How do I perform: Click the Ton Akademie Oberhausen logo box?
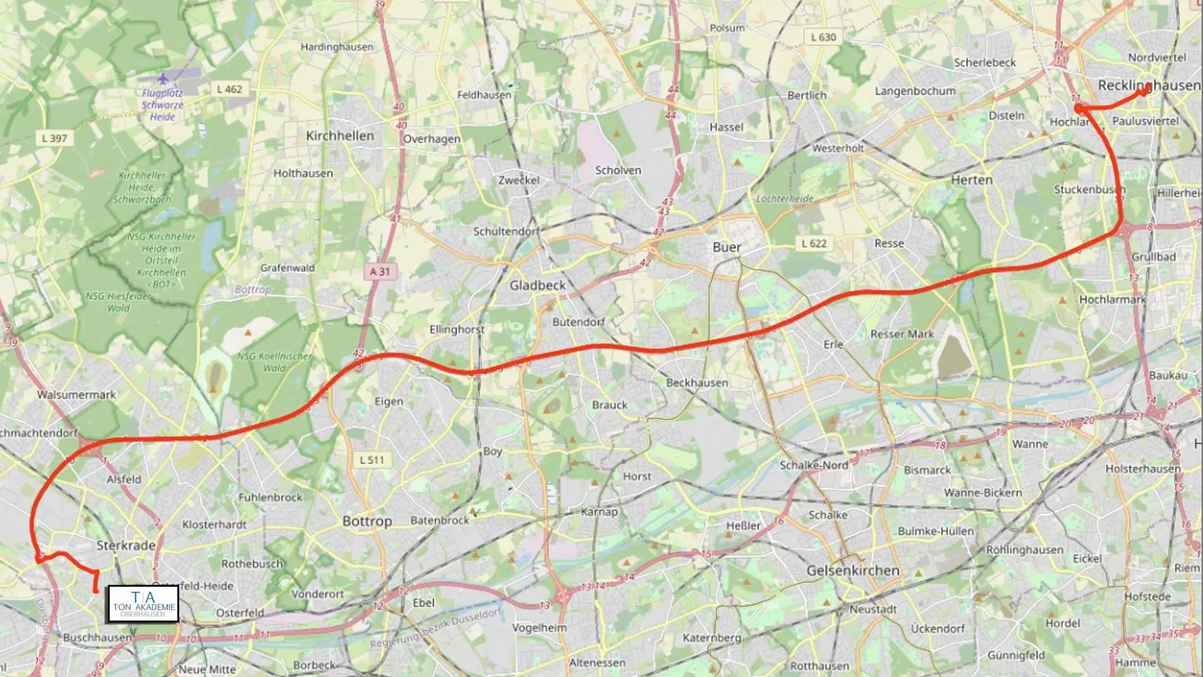[143, 604]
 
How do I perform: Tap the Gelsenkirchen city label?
[853, 570]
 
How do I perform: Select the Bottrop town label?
[367, 521]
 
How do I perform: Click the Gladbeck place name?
[537, 285]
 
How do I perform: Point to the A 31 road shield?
[380, 271]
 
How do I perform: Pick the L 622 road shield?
[814, 243]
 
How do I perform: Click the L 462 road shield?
[229, 89]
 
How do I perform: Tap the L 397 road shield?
[54, 138]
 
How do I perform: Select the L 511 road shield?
[372, 459]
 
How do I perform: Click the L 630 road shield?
[823, 37]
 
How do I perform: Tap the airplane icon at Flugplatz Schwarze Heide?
[163, 79]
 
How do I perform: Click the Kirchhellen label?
[340, 135]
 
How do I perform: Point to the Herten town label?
[971, 180]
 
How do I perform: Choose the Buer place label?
[726, 247]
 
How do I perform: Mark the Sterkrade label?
[126, 545]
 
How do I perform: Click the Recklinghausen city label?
[1148, 85]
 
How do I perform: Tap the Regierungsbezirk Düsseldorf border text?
[435, 629]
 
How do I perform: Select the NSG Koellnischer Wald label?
[274, 362]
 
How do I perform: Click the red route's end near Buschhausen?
[96, 590]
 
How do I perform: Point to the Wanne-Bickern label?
[982, 493]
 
